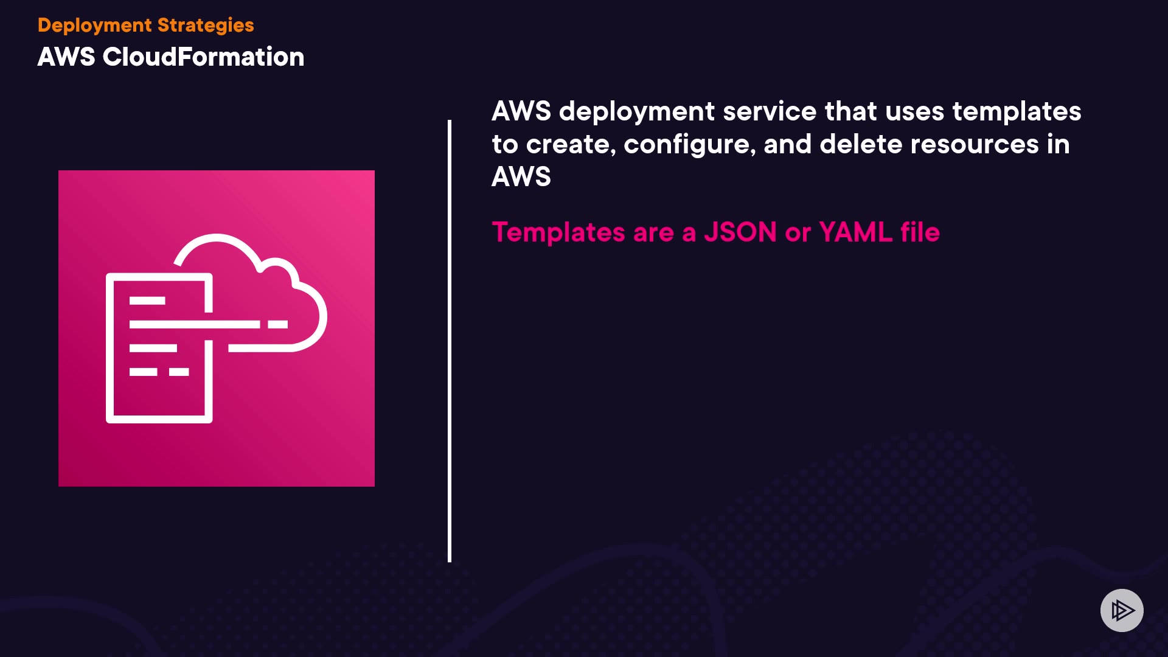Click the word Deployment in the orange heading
coord(94,26)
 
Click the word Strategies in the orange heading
coord(206,26)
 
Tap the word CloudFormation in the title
coord(203,57)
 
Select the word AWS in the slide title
coord(66,57)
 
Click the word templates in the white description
coord(1017,112)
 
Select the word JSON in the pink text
coord(740,232)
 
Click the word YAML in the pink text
coord(855,232)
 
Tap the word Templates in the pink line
coord(558,232)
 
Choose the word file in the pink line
coord(920,232)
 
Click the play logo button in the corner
coord(1122,610)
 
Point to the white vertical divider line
coord(450,341)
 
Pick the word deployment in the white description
coord(637,112)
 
